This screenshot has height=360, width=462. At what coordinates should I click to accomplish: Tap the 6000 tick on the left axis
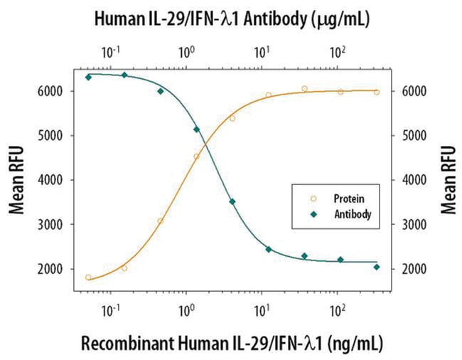[x=56, y=92]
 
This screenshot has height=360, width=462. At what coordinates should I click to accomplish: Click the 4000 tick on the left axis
[x=56, y=180]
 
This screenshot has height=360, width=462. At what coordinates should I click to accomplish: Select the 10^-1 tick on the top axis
[x=111, y=53]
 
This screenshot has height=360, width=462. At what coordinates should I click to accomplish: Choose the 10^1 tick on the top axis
[x=262, y=53]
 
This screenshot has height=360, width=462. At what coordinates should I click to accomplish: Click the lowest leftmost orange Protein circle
[x=88, y=277]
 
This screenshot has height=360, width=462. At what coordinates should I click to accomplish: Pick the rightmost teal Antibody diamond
[x=377, y=267]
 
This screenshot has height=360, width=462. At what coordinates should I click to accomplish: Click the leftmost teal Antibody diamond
[x=88, y=77]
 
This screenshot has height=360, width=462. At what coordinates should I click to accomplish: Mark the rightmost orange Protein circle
[x=377, y=92]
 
